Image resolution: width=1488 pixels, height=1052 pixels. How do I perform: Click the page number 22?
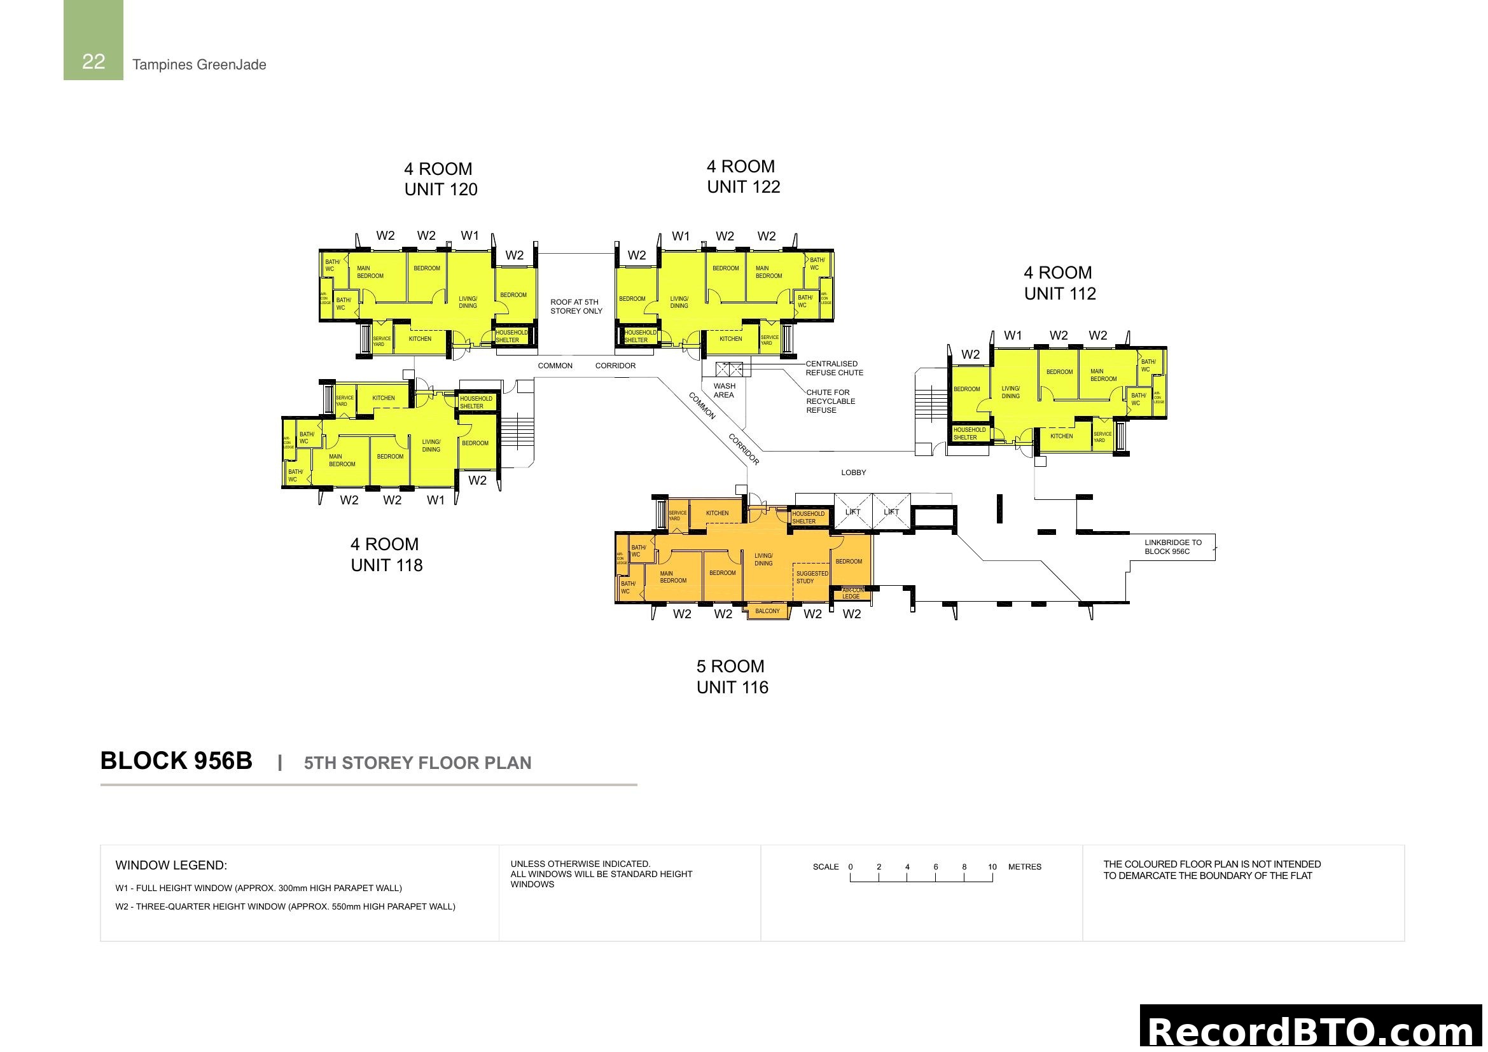94,62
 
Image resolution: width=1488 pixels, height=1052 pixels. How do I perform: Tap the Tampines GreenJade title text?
199,65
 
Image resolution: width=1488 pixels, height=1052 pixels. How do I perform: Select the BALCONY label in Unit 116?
767,611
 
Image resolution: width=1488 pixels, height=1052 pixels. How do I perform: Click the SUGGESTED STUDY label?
811,577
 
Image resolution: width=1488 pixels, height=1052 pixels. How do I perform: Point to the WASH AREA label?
724,391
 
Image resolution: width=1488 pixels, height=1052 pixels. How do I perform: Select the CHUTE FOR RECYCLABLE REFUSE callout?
830,401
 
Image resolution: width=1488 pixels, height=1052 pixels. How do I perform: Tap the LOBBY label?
853,473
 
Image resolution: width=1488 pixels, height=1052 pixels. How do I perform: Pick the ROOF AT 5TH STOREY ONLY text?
576,307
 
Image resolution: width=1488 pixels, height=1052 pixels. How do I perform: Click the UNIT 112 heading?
1060,294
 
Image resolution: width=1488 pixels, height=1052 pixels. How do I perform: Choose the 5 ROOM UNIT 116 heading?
732,677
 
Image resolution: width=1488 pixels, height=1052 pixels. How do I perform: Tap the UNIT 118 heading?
386,565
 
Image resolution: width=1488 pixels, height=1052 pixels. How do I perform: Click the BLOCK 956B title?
176,761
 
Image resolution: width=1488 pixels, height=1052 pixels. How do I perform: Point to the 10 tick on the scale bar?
992,867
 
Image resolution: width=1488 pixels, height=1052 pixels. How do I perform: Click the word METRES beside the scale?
1025,867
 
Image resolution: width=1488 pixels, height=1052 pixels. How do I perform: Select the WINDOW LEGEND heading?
171,866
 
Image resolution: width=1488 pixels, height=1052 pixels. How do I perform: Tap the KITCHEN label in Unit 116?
717,513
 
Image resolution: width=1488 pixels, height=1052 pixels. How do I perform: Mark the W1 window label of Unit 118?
436,500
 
